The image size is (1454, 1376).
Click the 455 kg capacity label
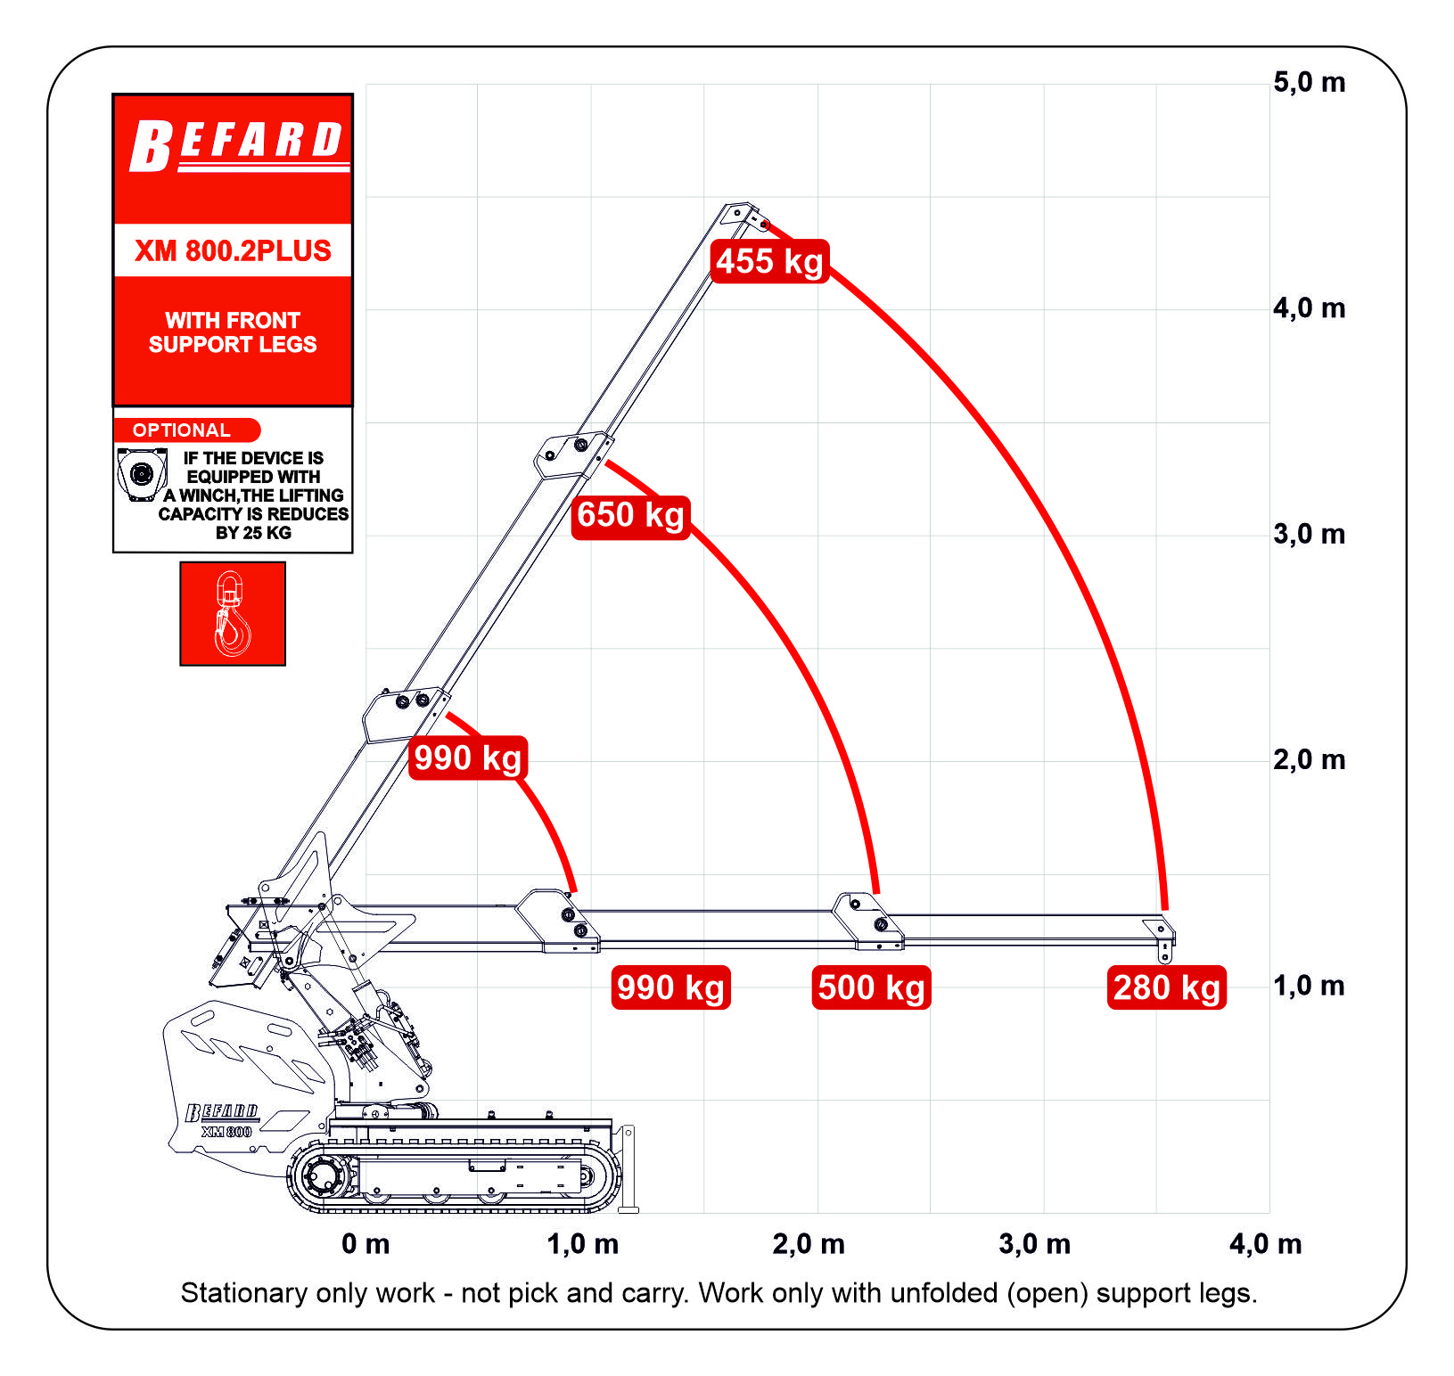pos(770,261)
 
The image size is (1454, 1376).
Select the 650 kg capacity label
pos(631,515)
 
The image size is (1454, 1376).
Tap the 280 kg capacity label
pos(1167,987)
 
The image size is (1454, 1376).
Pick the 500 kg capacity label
pos(872,987)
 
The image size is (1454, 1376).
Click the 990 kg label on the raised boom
pos(468,758)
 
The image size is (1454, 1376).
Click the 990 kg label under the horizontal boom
pos(671,987)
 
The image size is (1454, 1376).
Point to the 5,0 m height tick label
pos(1309,83)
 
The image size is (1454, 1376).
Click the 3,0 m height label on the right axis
pos(1309,535)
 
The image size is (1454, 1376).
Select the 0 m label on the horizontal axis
pos(366,1244)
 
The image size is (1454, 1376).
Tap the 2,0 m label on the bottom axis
pos(809,1244)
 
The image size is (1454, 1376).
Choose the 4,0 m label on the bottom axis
pos(1265,1244)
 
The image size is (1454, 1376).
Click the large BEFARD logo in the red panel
pos(237,145)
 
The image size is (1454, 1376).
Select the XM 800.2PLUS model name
pos(233,251)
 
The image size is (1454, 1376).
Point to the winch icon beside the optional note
pos(142,475)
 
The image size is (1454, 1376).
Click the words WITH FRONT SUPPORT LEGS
pos(233,332)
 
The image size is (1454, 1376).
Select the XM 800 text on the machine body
pos(226,1132)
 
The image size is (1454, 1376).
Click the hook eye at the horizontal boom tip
pos(1164,958)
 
